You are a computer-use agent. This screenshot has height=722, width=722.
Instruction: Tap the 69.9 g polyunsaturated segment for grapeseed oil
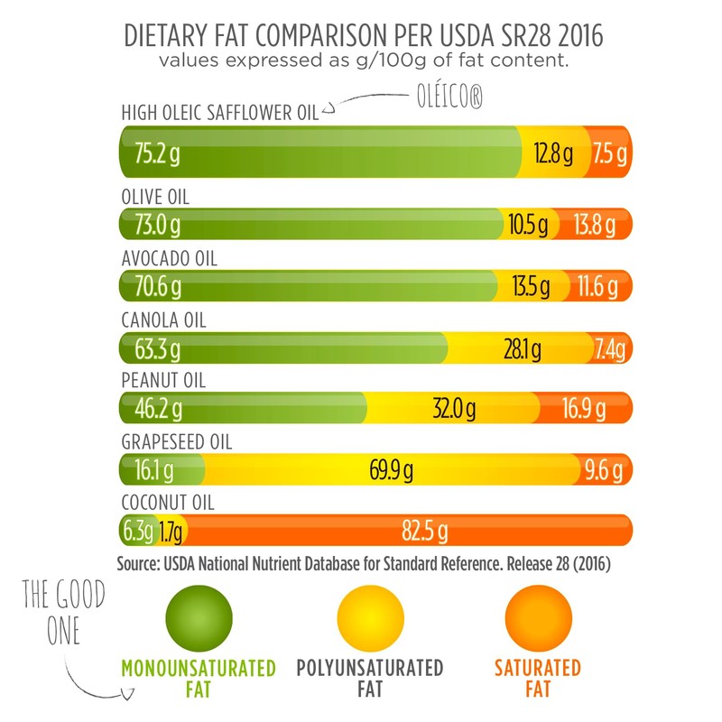[x=390, y=470]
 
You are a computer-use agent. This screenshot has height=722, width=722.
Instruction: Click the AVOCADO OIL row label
[x=169, y=259]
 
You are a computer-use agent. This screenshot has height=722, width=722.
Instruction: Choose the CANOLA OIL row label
[x=162, y=320]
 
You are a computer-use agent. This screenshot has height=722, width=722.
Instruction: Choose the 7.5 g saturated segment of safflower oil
[x=610, y=153]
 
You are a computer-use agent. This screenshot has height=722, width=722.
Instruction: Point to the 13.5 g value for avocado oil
[x=531, y=287]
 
